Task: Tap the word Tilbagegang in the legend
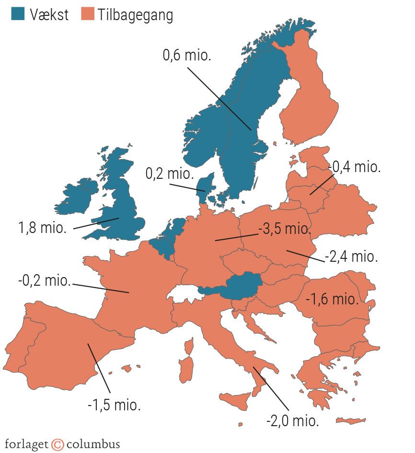coord(135,15)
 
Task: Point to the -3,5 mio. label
coord(285,229)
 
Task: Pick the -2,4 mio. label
coord(351,256)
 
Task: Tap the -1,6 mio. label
coord(332,300)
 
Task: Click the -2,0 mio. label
coord(292,421)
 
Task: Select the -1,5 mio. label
coord(114,405)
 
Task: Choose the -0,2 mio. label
coord(44,281)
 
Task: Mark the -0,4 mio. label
coord(355,167)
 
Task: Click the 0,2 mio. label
coord(170,174)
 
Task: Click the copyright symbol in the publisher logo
coord(58,444)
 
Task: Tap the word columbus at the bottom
coord(93,444)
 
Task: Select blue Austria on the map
coord(237,286)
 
